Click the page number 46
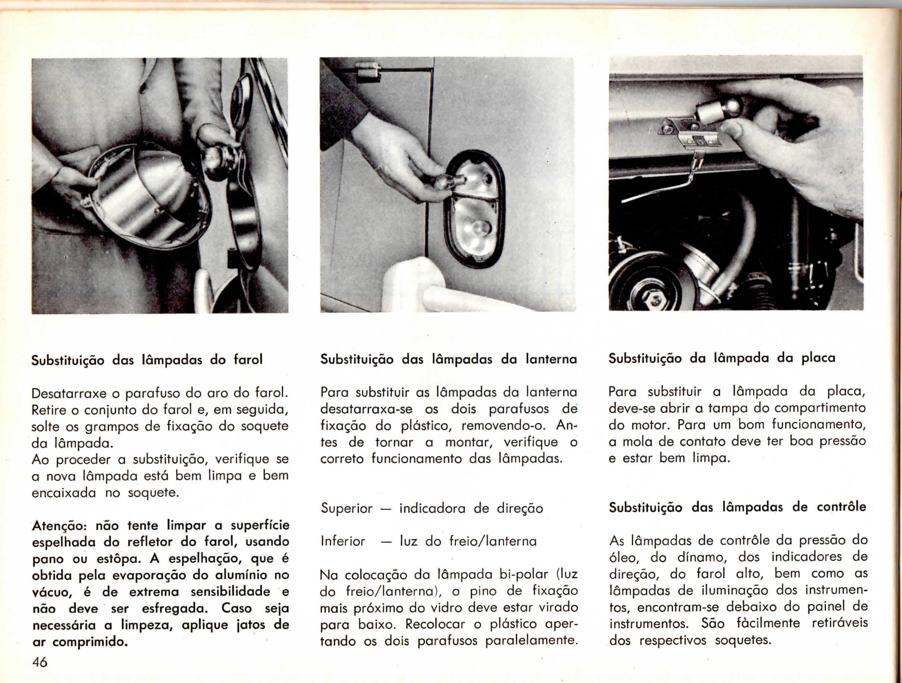pyautogui.click(x=40, y=662)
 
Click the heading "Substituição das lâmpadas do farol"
pyautogui.click(x=147, y=360)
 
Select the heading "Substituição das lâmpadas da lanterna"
pyautogui.click(x=448, y=360)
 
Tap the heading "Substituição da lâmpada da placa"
pyautogui.click(x=722, y=358)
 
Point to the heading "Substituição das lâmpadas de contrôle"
pyautogui.click(x=737, y=507)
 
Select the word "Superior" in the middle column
pyautogui.click(x=346, y=509)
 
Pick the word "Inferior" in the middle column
pyautogui.click(x=343, y=542)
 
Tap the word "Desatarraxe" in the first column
pyautogui.click(x=69, y=393)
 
